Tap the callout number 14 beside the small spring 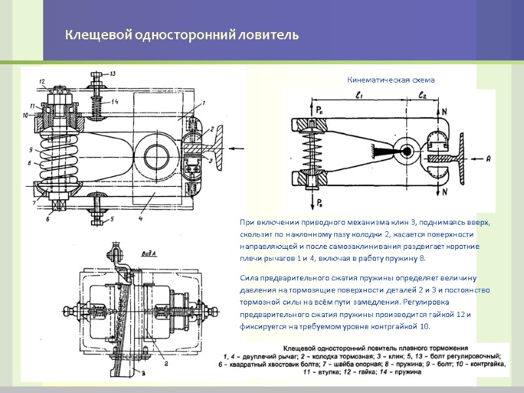[x=115, y=101]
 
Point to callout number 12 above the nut [x=42, y=81]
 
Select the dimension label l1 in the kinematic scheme [x=359, y=96]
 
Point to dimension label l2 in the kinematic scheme [x=422, y=96]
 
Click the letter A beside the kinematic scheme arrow [x=488, y=158]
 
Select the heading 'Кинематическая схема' [x=390, y=80]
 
